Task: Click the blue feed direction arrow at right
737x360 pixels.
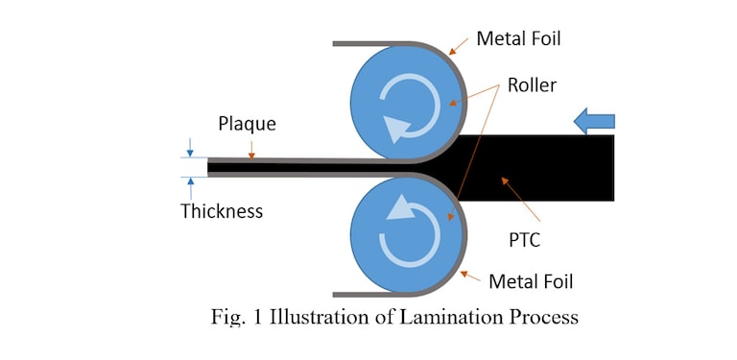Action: coord(593,120)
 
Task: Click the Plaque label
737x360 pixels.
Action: coord(247,124)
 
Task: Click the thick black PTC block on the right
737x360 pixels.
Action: coord(547,167)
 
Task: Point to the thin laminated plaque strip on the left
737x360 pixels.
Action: coord(288,167)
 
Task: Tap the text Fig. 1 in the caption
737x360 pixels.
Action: coord(235,318)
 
